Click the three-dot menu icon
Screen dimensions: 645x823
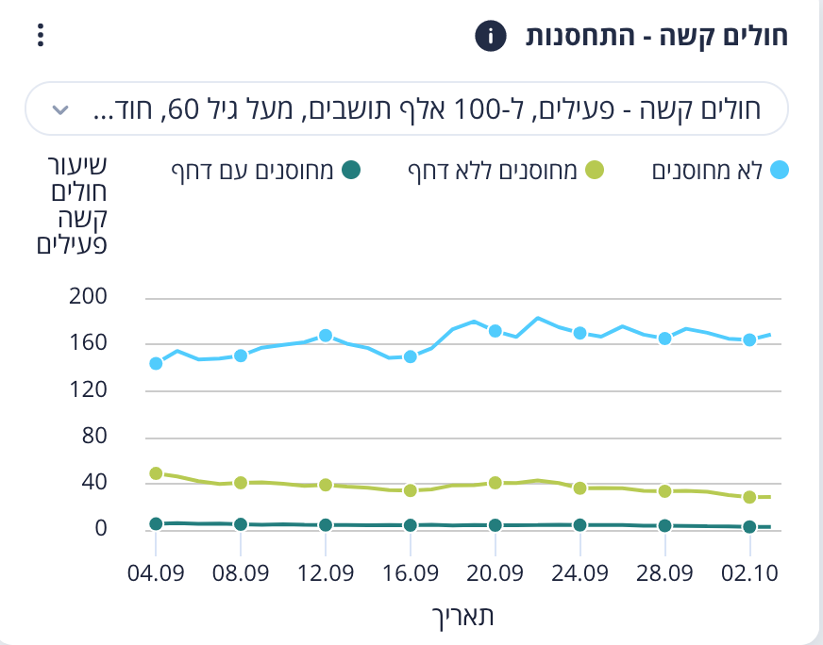39,37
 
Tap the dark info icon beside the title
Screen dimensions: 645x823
490,37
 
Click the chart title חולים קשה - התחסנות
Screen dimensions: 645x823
657,37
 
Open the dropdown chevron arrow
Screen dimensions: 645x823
60,109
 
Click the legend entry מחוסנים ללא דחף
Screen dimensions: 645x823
505,171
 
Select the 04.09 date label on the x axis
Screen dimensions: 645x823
156,573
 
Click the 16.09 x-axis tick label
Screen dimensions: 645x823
411,573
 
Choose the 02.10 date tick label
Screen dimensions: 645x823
749,573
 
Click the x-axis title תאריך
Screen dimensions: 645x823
462,616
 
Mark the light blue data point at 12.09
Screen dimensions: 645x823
326,336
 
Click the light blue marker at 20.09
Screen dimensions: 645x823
495,331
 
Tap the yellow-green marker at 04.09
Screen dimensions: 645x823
156,473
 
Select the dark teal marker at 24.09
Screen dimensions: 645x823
579,525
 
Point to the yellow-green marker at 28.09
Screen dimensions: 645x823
664,491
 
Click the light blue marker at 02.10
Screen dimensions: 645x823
749,340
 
